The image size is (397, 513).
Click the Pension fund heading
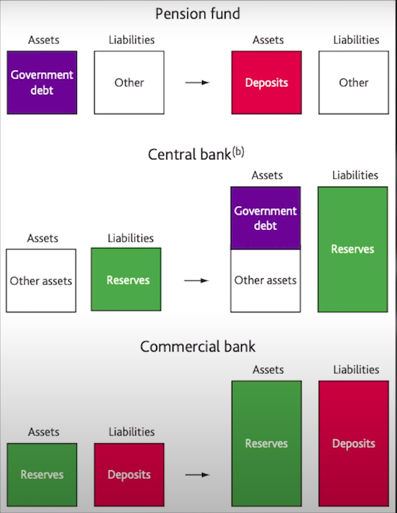coord(198,14)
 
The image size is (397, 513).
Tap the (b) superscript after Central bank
coord(238,152)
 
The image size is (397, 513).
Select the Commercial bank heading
coord(198,347)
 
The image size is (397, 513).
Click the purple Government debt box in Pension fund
coord(42,82)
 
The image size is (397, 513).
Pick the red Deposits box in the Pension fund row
coord(266,82)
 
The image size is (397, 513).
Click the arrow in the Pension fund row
coord(197,82)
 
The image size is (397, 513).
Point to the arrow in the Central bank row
coord(196,280)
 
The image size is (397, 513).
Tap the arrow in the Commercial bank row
coord(197,475)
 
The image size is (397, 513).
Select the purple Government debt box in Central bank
coord(265,218)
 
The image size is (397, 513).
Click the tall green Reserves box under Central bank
coord(353,249)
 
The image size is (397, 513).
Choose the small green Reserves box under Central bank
coord(126,280)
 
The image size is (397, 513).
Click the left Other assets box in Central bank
coord(41,281)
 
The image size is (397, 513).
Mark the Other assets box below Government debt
coord(265,281)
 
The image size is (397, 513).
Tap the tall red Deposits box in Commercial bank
coord(354,444)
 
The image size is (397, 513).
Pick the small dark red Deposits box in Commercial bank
coord(129,475)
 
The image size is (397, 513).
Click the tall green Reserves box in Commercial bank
coord(266,444)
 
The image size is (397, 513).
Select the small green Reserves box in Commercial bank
coord(42,475)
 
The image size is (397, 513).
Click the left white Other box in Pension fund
coord(129,82)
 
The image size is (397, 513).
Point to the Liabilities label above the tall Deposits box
coord(356,369)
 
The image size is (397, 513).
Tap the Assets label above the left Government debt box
coord(43,40)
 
